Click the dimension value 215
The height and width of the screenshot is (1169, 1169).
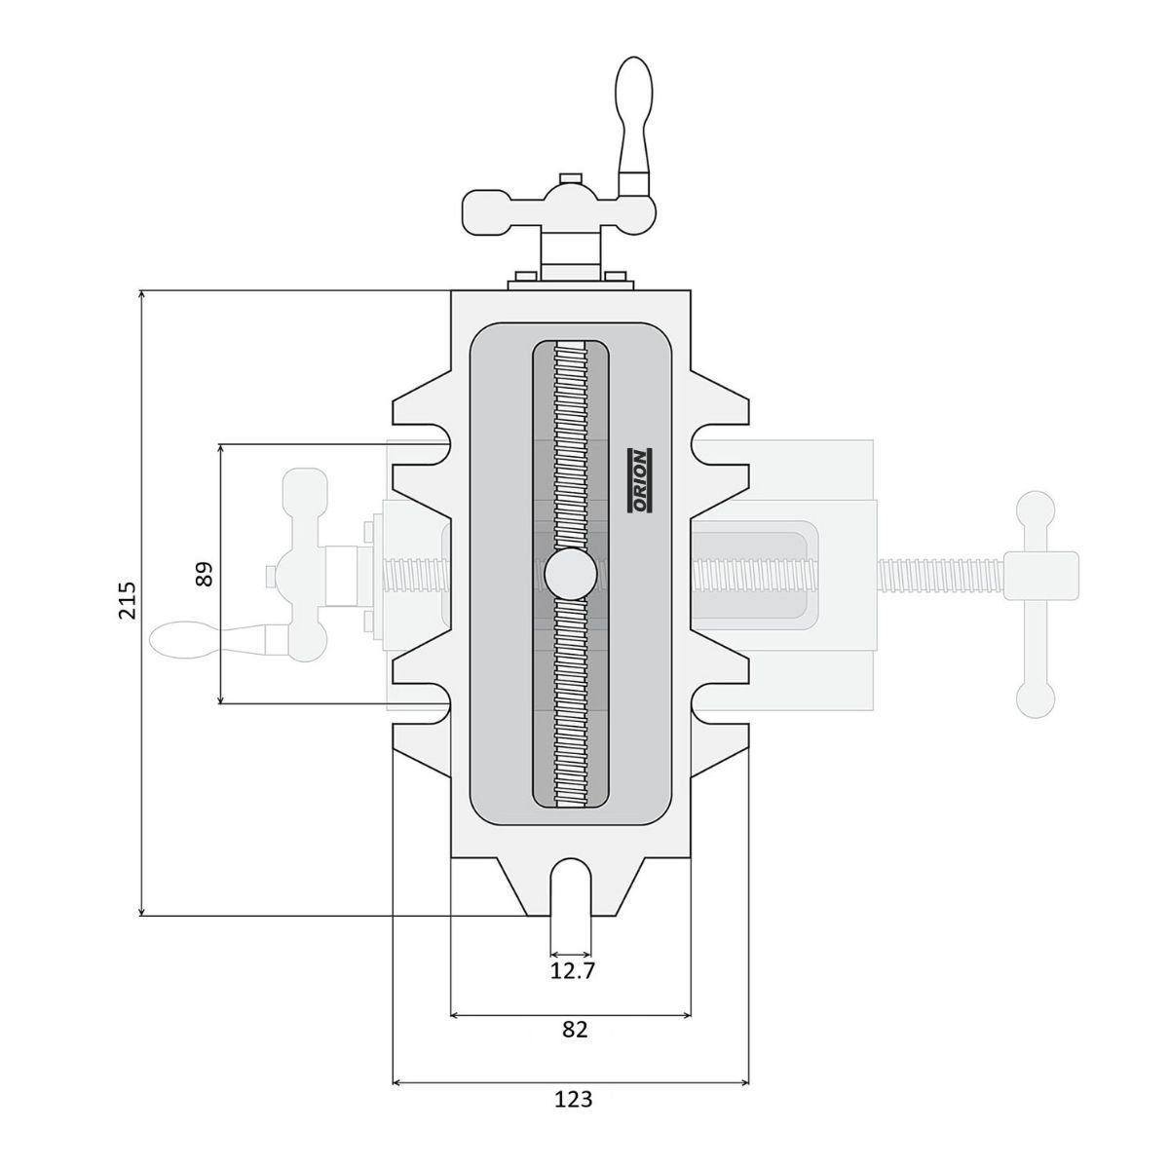click(128, 600)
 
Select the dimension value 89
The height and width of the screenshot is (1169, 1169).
click(205, 574)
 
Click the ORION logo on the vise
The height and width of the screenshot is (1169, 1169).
click(639, 481)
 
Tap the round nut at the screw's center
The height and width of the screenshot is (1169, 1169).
click(570, 574)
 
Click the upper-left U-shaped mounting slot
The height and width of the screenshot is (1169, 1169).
click(429, 443)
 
